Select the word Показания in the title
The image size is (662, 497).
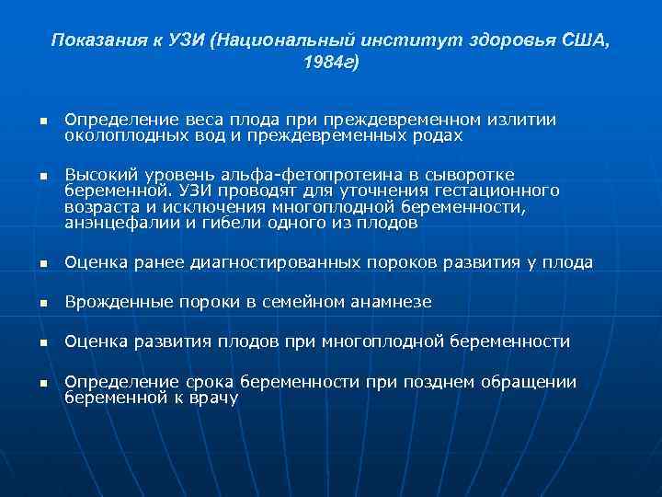(x=89, y=40)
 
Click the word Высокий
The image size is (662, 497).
(x=99, y=174)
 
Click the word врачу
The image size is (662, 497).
(x=212, y=398)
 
